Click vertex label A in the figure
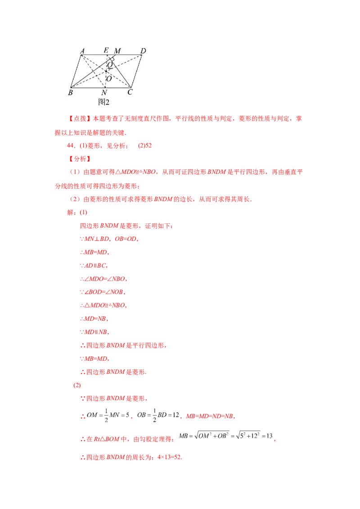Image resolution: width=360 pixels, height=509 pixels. (82, 51)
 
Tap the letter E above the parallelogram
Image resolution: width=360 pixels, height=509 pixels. (106, 50)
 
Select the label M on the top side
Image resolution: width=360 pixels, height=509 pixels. (117, 50)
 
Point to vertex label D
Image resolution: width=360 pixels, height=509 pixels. (143, 51)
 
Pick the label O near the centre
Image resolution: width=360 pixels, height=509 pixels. (109, 78)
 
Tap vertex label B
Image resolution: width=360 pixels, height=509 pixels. (70, 93)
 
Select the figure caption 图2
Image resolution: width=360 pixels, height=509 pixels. (104, 102)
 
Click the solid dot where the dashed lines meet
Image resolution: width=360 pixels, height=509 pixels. (107, 71)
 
